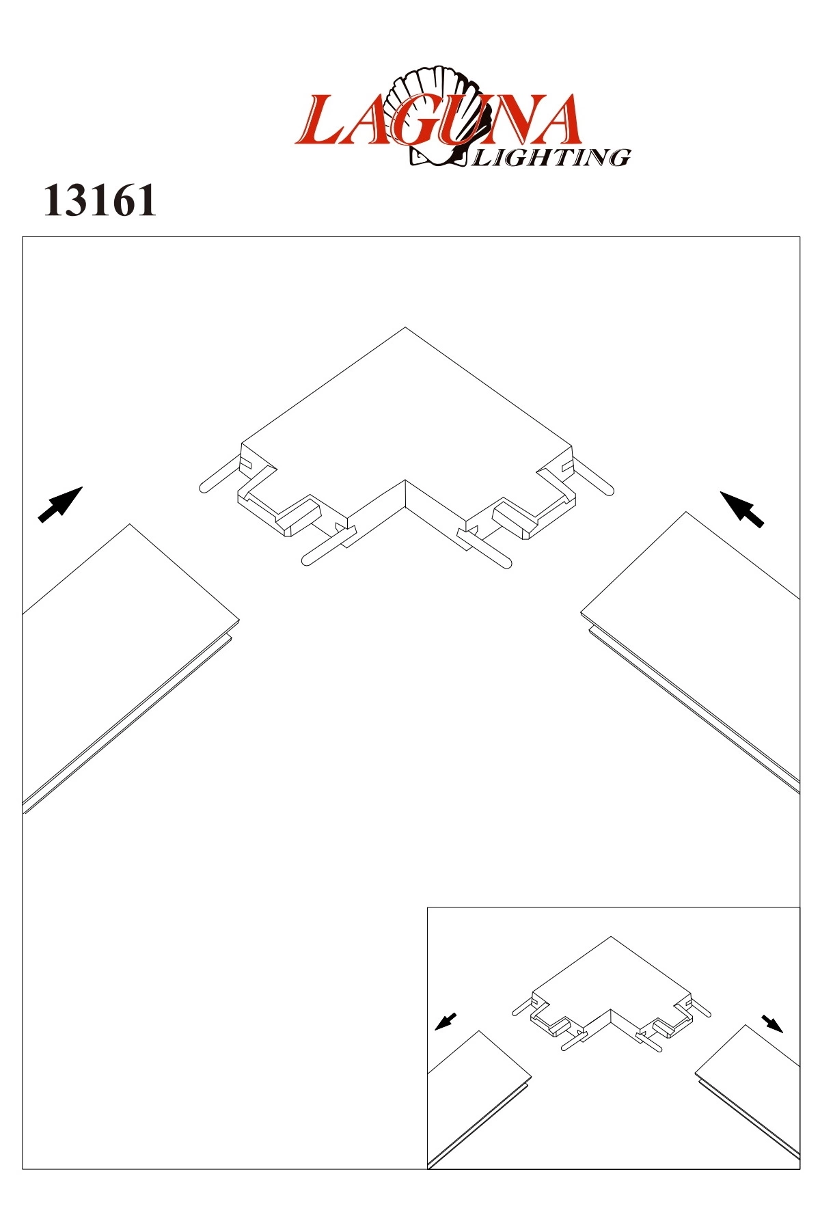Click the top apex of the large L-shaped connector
[x=406, y=327]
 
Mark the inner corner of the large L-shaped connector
[x=406, y=480]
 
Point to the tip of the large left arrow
[x=83, y=487]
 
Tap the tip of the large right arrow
[x=721, y=491]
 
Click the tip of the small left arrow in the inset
[x=435, y=1029]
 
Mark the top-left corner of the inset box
[x=428, y=908]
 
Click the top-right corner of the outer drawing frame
[x=799, y=237]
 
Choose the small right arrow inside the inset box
[x=773, y=1024]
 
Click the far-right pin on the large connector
[x=592, y=476]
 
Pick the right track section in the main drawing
[x=690, y=653]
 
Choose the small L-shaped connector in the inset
[x=612, y=994]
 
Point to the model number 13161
[x=100, y=201]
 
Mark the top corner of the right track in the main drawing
[x=686, y=512]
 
